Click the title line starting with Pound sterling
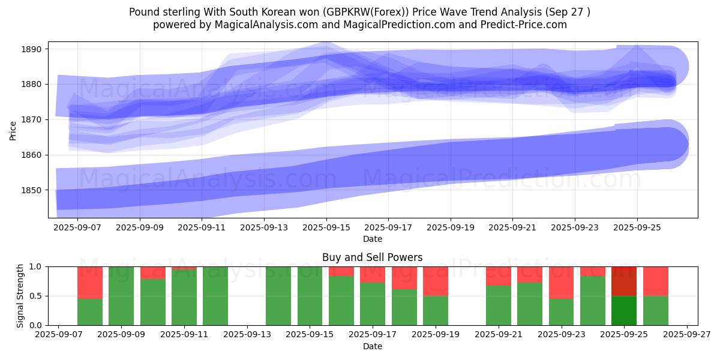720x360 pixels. pos(359,11)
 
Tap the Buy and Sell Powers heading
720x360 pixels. pos(372,257)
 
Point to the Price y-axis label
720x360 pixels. pos(13,130)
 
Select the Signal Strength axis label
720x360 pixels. pos(20,296)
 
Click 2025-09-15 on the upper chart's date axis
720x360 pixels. pos(326,228)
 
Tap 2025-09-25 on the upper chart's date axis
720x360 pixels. pos(637,228)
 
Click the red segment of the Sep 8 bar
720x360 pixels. pos(90,282)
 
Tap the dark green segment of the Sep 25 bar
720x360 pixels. pos(624,310)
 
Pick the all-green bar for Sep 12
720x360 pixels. pos(215,296)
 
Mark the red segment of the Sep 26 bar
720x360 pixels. pos(656,281)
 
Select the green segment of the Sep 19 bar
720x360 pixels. pos(436,310)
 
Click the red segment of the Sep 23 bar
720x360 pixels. pos(562,282)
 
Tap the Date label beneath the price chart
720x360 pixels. pos(372,239)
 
